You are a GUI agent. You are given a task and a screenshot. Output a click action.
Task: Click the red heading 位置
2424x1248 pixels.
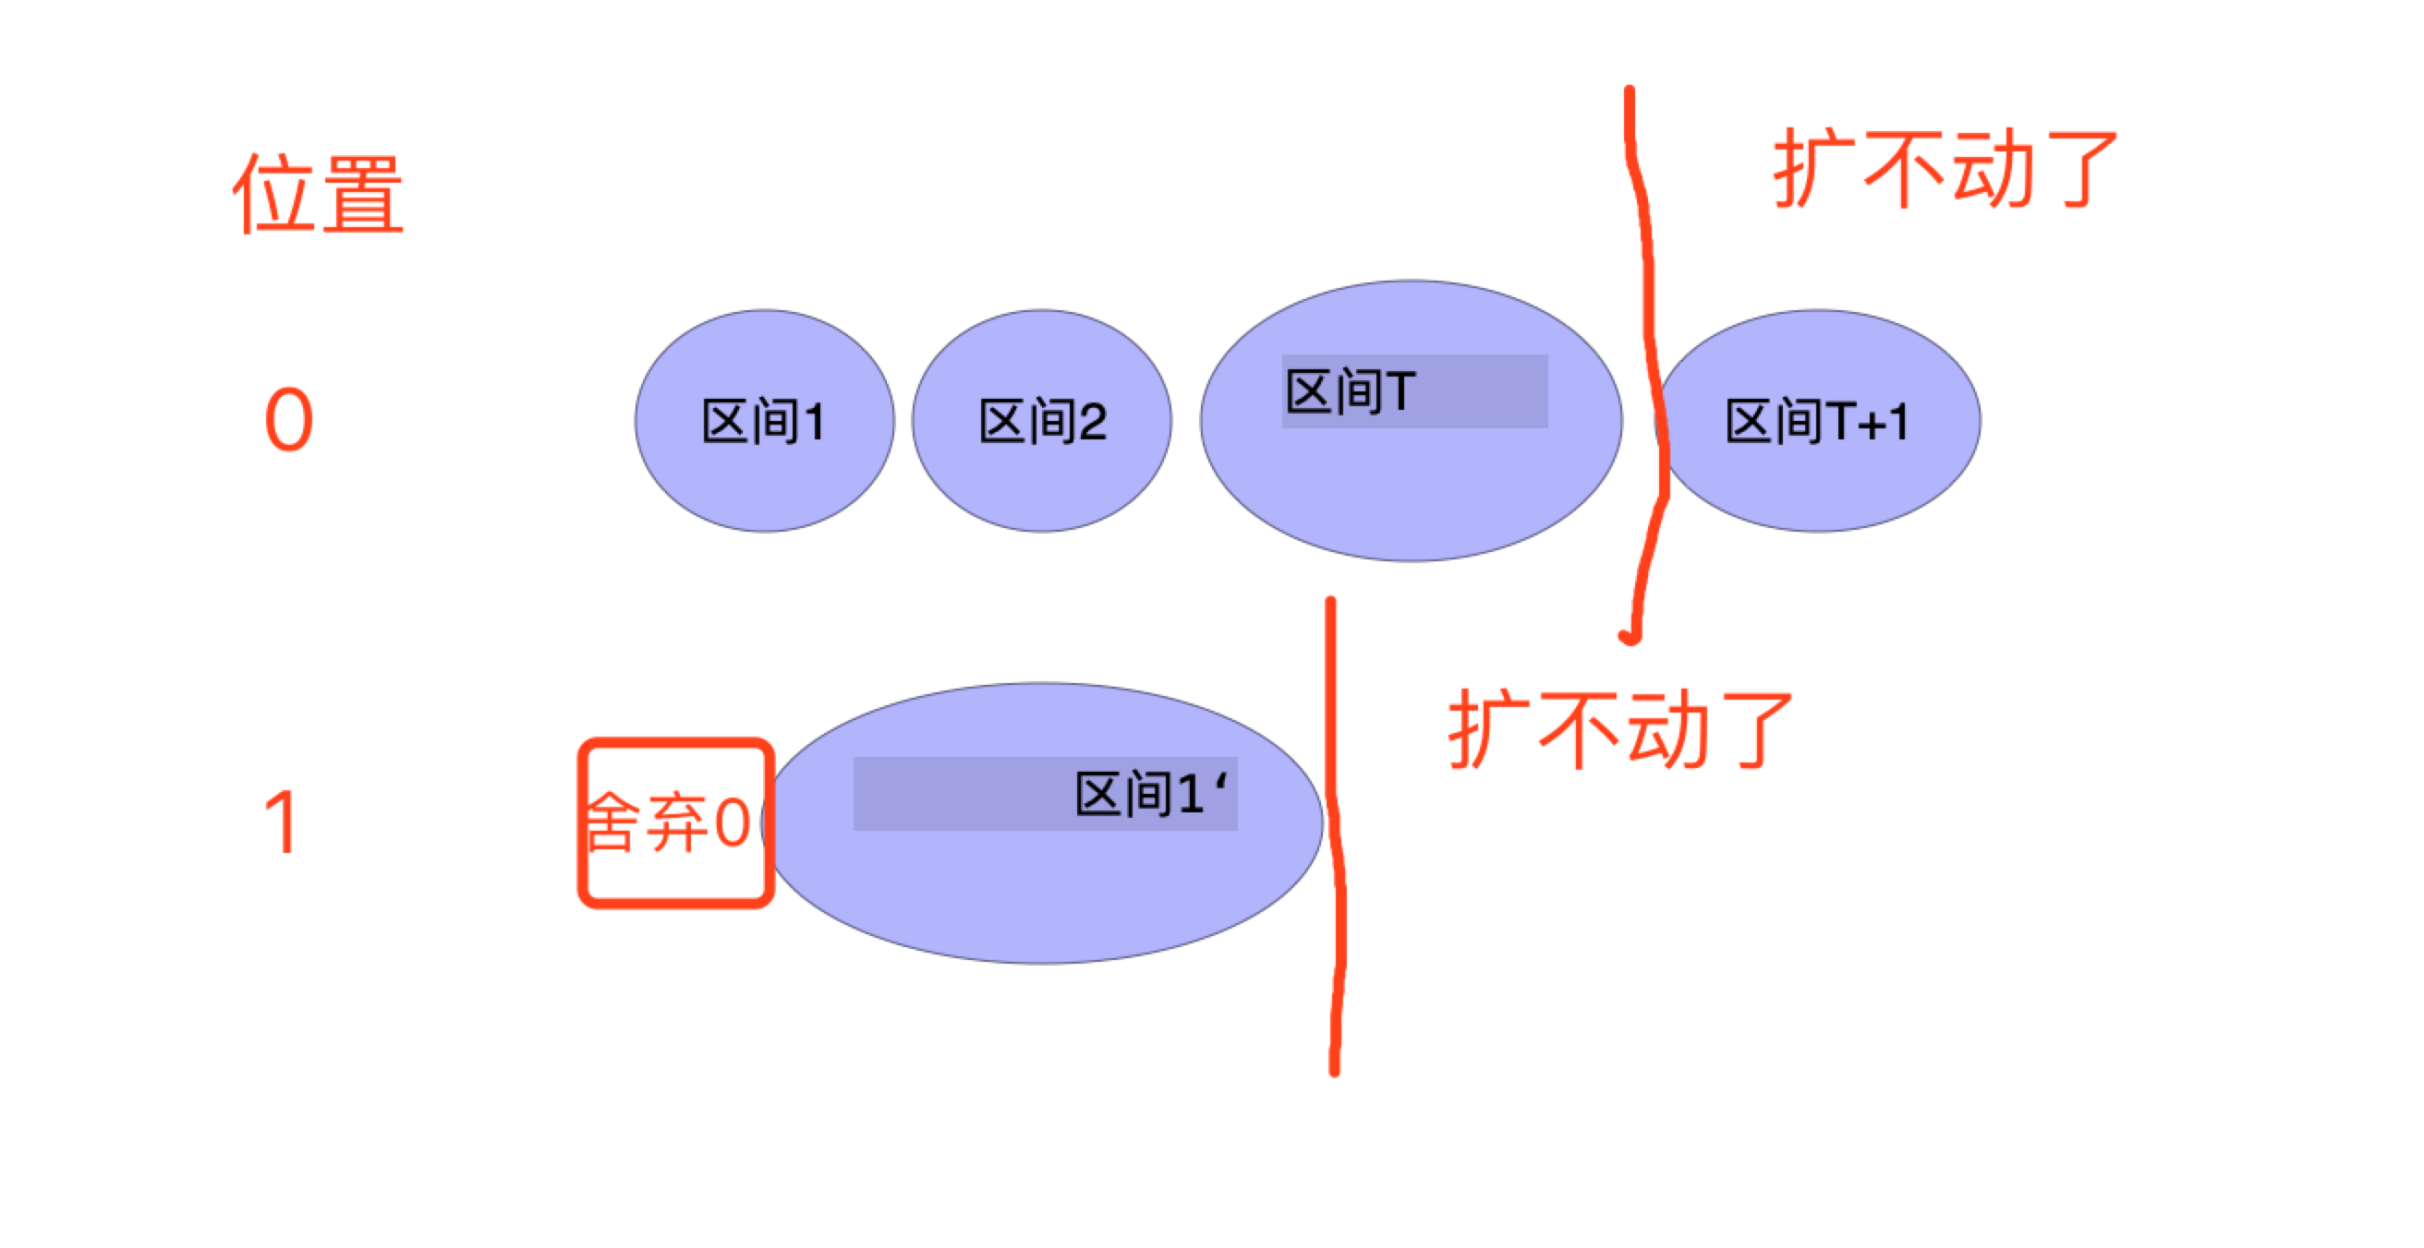[318, 194]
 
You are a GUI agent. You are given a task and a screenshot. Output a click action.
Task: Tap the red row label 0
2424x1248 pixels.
[289, 419]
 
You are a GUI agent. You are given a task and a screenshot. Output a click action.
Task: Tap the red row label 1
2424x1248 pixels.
[283, 822]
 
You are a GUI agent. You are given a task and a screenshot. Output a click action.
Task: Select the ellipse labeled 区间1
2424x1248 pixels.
[764, 420]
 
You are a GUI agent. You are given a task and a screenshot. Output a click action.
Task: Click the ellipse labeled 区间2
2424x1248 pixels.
[1042, 420]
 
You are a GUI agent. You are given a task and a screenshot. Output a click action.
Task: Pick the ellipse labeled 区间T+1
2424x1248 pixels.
[1817, 420]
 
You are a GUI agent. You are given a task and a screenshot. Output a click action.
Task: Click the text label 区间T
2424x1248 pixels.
[1351, 390]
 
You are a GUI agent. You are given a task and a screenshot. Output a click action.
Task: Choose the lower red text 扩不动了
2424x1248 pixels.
[1619, 729]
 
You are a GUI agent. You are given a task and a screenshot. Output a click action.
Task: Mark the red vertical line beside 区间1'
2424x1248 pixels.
[1335, 836]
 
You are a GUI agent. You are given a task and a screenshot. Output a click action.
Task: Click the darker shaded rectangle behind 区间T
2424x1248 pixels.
[1414, 390]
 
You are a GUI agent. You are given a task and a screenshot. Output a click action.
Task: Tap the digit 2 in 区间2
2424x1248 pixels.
[1093, 421]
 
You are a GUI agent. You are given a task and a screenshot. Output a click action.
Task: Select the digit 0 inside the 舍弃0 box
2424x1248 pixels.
[732, 822]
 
